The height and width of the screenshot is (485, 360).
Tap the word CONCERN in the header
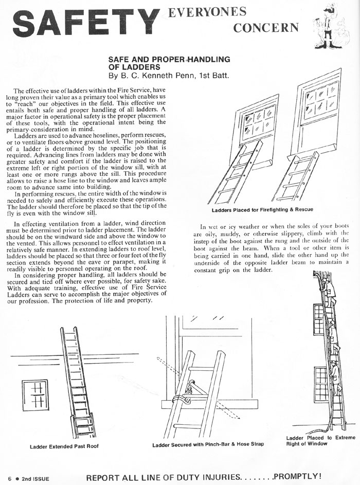point(265,27)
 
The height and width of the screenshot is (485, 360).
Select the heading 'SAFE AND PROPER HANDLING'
point(169,60)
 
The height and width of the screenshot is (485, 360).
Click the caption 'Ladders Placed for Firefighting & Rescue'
point(262,210)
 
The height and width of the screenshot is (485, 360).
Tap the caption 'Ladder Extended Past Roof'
point(64,445)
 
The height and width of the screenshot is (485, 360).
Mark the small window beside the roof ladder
point(35,396)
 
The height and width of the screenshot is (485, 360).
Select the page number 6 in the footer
point(9,478)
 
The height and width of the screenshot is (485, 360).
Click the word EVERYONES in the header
point(208,12)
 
